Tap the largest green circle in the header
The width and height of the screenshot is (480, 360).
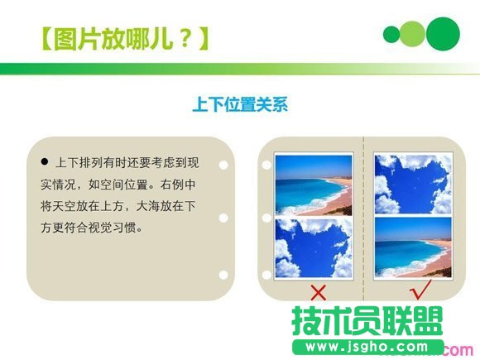pos(443,33)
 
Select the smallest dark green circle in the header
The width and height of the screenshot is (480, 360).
pos(391,34)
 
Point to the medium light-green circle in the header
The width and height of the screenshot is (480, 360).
pos(412,34)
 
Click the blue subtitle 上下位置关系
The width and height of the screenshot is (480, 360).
pos(239,105)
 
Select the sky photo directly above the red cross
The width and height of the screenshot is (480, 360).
pos(314,247)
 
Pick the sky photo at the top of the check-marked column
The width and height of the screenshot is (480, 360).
pos(412,184)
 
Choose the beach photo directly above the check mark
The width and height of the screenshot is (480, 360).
pos(412,247)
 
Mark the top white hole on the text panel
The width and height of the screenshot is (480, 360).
pos(223,163)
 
